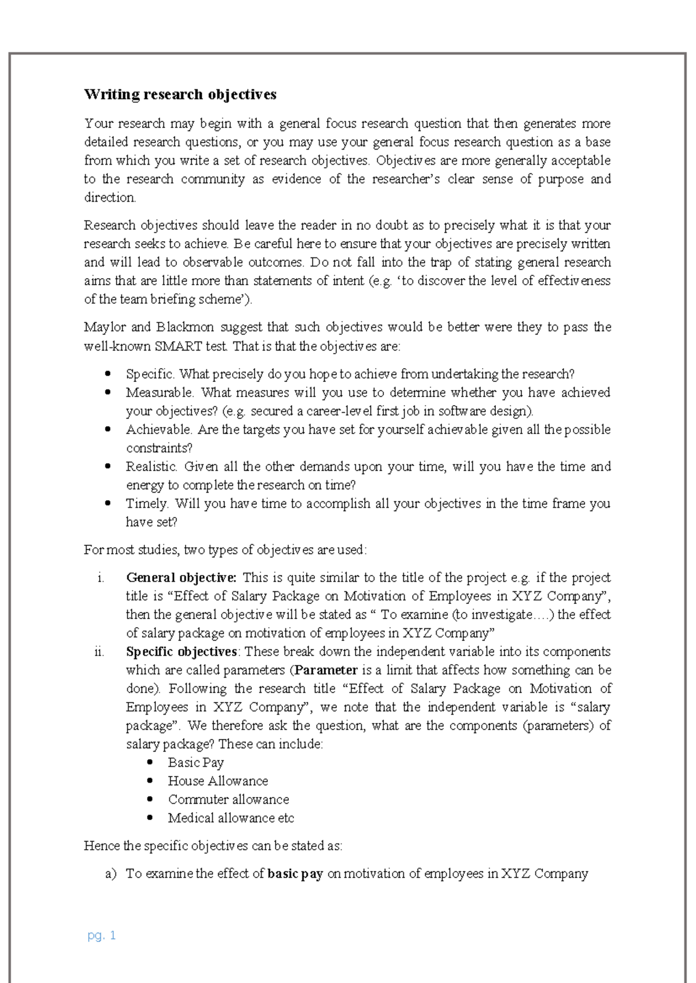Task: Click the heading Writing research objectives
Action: tap(180, 94)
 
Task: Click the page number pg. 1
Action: tap(101, 935)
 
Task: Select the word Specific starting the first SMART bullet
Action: tap(150, 374)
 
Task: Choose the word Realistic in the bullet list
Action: tap(151, 467)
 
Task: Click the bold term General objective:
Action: tap(181, 577)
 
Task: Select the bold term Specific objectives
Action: tap(181, 651)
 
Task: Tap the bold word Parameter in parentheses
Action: tap(326, 670)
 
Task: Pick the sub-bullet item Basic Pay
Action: tap(195, 763)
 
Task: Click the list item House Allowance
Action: tap(217, 781)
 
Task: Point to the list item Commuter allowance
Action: tap(228, 800)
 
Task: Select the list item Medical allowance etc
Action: tap(231, 818)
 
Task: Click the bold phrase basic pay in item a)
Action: tap(295, 873)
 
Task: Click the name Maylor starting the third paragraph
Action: tap(104, 327)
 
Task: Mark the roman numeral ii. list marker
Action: tap(99, 651)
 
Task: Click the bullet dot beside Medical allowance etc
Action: tap(150, 818)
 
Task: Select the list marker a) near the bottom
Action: tap(111, 873)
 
